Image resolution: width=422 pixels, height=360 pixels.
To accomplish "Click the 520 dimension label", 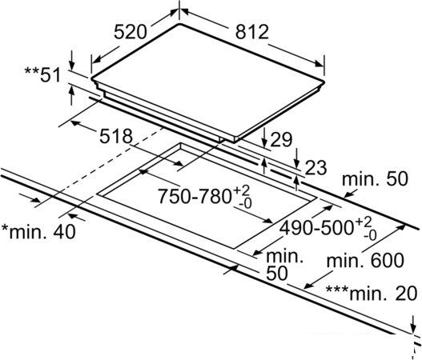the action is [x=131, y=32].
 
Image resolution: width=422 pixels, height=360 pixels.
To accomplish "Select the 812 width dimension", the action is [x=252, y=32].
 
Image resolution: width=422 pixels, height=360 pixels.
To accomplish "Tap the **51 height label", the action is [x=43, y=74].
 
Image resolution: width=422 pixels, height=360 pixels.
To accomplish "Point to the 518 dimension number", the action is [x=116, y=136].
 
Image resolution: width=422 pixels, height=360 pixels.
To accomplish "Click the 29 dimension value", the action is [x=281, y=139].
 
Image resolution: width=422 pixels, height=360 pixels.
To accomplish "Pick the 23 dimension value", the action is [x=315, y=168].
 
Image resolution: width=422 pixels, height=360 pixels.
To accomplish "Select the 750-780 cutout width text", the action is [x=195, y=196].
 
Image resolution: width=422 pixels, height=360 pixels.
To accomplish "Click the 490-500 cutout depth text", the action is [x=316, y=228].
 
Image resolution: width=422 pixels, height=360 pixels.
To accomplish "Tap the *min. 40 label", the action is [x=38, y=232].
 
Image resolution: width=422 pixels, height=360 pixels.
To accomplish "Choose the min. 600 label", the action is [x=365, y=260].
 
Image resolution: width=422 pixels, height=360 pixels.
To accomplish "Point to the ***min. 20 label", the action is [x=372, y=294].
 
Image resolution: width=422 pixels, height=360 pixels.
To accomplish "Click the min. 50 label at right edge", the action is [x=375, y=178].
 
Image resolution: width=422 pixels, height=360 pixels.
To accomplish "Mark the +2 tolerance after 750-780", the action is [x=241, y=190].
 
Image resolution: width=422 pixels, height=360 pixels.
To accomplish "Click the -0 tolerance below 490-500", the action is [x=370, y=236].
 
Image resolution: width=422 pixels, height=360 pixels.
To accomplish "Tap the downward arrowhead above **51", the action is [x=71, y=65].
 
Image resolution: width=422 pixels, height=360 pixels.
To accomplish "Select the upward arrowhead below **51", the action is [x=71, y=90].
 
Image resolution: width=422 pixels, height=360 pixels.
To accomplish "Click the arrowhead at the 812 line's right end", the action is [x=320, y=64].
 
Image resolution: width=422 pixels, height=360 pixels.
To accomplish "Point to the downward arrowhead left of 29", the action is [x=264, y=142].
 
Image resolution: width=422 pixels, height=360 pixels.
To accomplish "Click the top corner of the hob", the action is [x=179, y=24].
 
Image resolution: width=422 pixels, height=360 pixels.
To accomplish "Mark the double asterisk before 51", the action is [x=31, y=71].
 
